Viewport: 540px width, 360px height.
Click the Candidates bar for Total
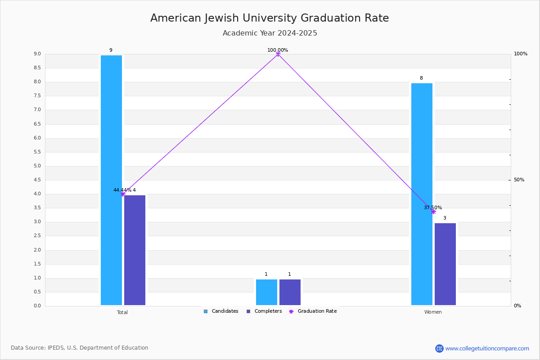[x=112, y=180]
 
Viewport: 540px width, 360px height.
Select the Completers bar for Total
[x=135, y=250]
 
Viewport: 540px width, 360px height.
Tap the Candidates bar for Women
[x=422, y=194]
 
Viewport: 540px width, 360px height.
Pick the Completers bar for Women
[x=445, y=264]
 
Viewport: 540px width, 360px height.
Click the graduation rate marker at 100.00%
[x=278, y=54]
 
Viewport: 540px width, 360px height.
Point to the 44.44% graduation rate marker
[x=123, y=194]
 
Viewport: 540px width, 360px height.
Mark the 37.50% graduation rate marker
[x=433, y=211]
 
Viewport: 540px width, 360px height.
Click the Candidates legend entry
[x=221, y=311]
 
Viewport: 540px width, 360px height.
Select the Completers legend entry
[x=264, y=311]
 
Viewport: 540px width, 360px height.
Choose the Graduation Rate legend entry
[x=313, y=311]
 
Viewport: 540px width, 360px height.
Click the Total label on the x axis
[x=122, y=312]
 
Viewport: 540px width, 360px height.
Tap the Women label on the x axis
[x=433, y=312]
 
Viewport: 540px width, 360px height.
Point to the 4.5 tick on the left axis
[x=37, y=180]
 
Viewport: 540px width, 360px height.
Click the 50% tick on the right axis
[x=519, y=180]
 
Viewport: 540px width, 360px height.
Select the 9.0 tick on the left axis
[x=37, y=54]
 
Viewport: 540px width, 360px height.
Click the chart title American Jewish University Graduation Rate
[x=270, y=18]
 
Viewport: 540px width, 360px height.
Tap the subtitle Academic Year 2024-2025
[x=270, y=33]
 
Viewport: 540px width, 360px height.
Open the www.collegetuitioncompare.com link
[x=487, y=348]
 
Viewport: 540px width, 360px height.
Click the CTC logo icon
[x=439, y=348]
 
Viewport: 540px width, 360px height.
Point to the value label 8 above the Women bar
[x=421, y=78]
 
